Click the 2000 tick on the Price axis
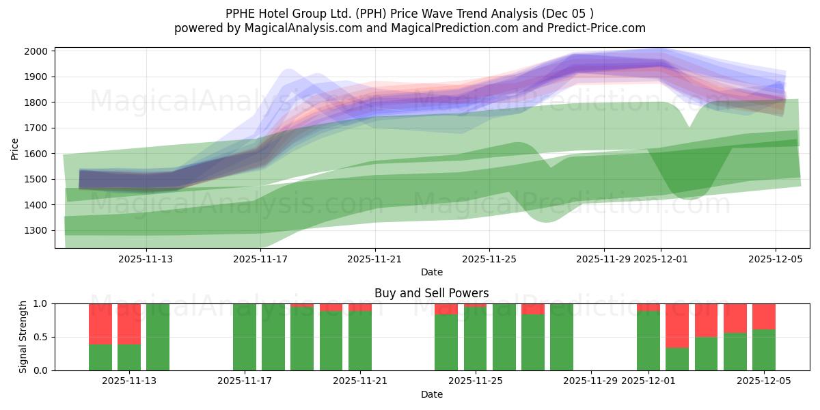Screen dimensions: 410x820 (36, 51)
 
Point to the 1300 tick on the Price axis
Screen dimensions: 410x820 (36, 231)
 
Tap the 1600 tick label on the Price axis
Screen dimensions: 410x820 (36, 154)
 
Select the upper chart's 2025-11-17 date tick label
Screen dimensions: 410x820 (260, 259)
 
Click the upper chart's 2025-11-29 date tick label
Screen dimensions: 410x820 (603, 259)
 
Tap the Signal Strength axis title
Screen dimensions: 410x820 (23, 337)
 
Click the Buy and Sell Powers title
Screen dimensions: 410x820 (431, 293)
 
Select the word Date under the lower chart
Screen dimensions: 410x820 (431, 394)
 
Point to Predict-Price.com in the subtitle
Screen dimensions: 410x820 (592, 28)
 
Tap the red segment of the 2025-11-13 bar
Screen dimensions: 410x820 (129, 324)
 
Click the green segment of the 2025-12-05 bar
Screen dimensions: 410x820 (764, 350)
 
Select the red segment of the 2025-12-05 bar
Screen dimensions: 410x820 (764, 316)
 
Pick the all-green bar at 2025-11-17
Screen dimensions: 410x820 (245, 337)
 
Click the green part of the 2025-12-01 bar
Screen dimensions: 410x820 (648, 341)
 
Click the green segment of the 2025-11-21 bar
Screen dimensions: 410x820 (360, 341)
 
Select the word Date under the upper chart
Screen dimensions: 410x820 (431, 272)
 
